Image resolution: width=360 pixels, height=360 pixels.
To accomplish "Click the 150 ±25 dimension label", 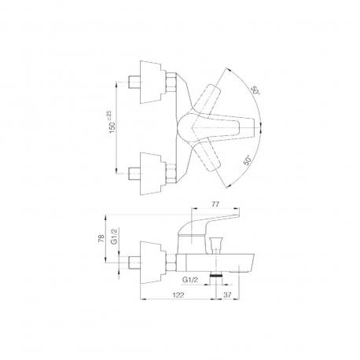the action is pyautogui.click(x=112, y=121).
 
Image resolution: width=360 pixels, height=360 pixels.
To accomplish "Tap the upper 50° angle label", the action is pyautogui.click(x=255, y=90).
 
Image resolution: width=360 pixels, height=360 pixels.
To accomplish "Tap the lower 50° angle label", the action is pyautogui.click(x=247, y=160).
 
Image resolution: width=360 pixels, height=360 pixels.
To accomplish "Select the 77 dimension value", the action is pyautogui.click(x=215, y=204).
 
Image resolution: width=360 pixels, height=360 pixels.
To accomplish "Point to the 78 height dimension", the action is pyautogui.click(x=101, y=238).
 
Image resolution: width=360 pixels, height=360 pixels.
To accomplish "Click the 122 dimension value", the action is pyautogui.click(x=178, y=295).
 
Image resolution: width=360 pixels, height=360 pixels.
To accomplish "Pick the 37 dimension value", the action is pyautogui.click(x=228, y=295).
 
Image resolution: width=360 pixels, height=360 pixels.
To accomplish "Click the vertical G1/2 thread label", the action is pyautogui.click(x=114, y=236).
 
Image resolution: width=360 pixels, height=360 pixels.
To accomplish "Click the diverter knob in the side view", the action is pyautogui.click(x=216, y=243).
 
